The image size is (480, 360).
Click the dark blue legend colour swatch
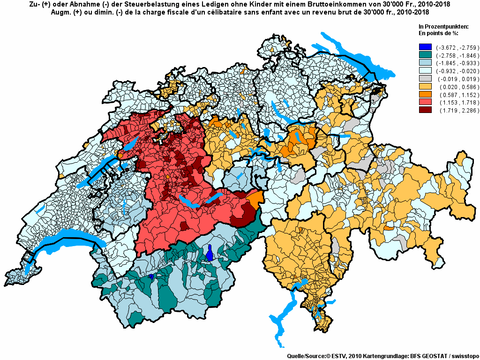point(425,47)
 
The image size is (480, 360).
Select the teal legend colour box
point(425,55)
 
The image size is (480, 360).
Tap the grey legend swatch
point(425,79)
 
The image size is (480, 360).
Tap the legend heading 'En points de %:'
point(438,33)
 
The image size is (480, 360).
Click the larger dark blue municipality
point(210,254)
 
